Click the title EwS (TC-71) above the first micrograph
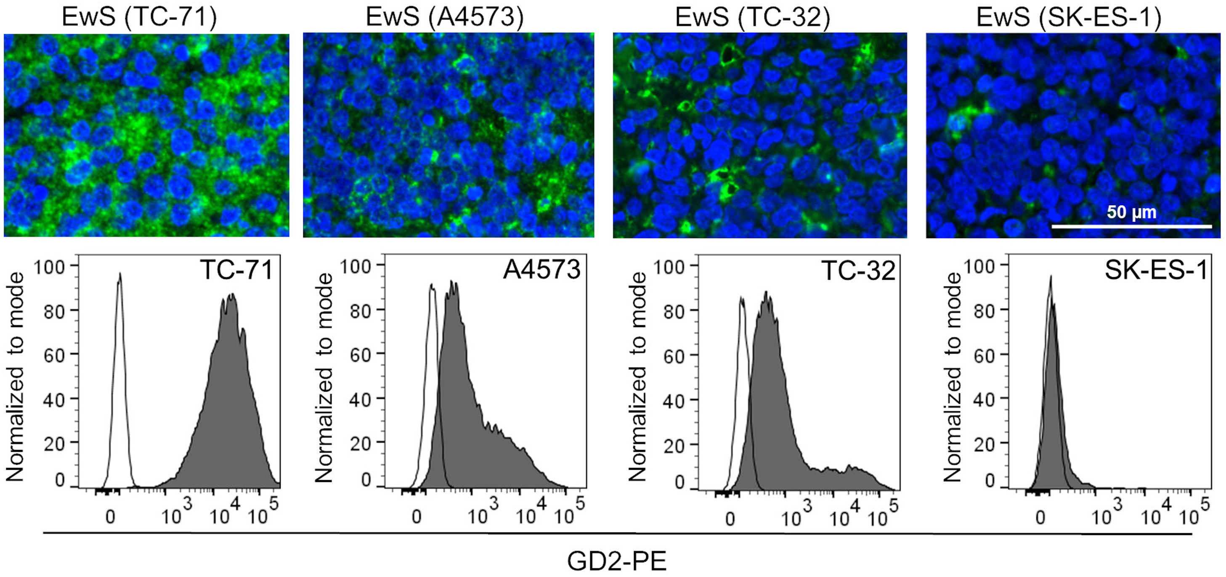pos(139,17)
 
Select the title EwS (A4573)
pos(445,17)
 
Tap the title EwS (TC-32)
pos(752,17)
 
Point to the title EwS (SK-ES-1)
pos(1069,17)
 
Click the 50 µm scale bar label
pos(1131,212)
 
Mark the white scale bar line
pos(1131,226)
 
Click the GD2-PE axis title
pos(617,561)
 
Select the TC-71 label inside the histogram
pos(236,270)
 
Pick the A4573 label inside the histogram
pos(542,270)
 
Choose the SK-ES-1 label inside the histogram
pos(1157,270)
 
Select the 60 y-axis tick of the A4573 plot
pos(360,355)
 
